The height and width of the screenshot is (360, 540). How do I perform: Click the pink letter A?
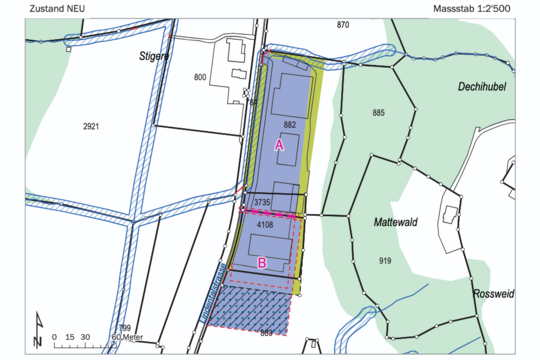pyautogui.click(x=280, y=145)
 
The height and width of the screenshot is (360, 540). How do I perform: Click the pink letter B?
pyautogui.click(x=262, y=263)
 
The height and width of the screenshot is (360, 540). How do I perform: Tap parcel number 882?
pyautogui.click(x=290, y=124)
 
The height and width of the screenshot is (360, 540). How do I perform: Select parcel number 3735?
pyautogui.click(x=263, y=203)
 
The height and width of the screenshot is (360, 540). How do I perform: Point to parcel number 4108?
pyautogui.click(x=265, y=226)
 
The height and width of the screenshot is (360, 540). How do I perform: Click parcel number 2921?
pyautogui.click(x=91, y=127)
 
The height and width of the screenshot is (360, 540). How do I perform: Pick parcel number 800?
pyautogui.click(x=199, y=77)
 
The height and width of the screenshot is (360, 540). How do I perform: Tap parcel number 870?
pyautogui.click(x=343, y=24)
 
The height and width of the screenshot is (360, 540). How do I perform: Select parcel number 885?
pyautogui.click(x=378, y=111)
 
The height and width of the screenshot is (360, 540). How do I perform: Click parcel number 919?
pyautogui.click(x=385, y=260)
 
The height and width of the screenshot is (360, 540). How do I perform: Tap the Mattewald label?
pyautogui.click(x=396, y=221)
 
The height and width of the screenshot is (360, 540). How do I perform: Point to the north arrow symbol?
pyautogui.click(x=37, y=330)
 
